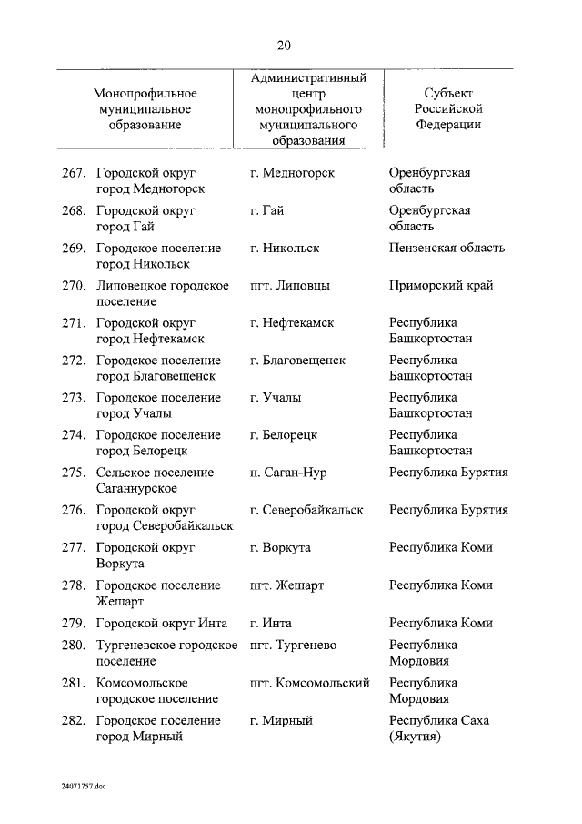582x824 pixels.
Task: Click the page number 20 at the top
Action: [x=284, y=46]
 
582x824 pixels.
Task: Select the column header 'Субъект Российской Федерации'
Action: [x=448, y=109]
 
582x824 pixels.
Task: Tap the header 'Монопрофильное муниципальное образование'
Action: [x=145, y=109]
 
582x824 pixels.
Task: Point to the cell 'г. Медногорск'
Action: [x=292, y=173]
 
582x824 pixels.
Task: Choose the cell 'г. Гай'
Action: [x=266, y=210]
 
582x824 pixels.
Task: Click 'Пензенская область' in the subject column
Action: [x=447, y=248]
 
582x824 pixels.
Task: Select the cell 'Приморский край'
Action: [x=441, y=285]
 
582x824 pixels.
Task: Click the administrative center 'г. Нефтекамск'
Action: [x=292, y=322]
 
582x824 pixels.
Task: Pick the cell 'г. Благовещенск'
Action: [x=297, y=360]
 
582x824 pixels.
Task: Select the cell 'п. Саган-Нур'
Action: [x=288, y=473]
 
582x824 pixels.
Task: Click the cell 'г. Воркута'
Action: [x=280, y=547]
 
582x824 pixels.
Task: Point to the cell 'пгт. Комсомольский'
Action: [x=309, y=683]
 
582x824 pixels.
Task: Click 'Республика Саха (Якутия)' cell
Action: [x=439, y=728]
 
